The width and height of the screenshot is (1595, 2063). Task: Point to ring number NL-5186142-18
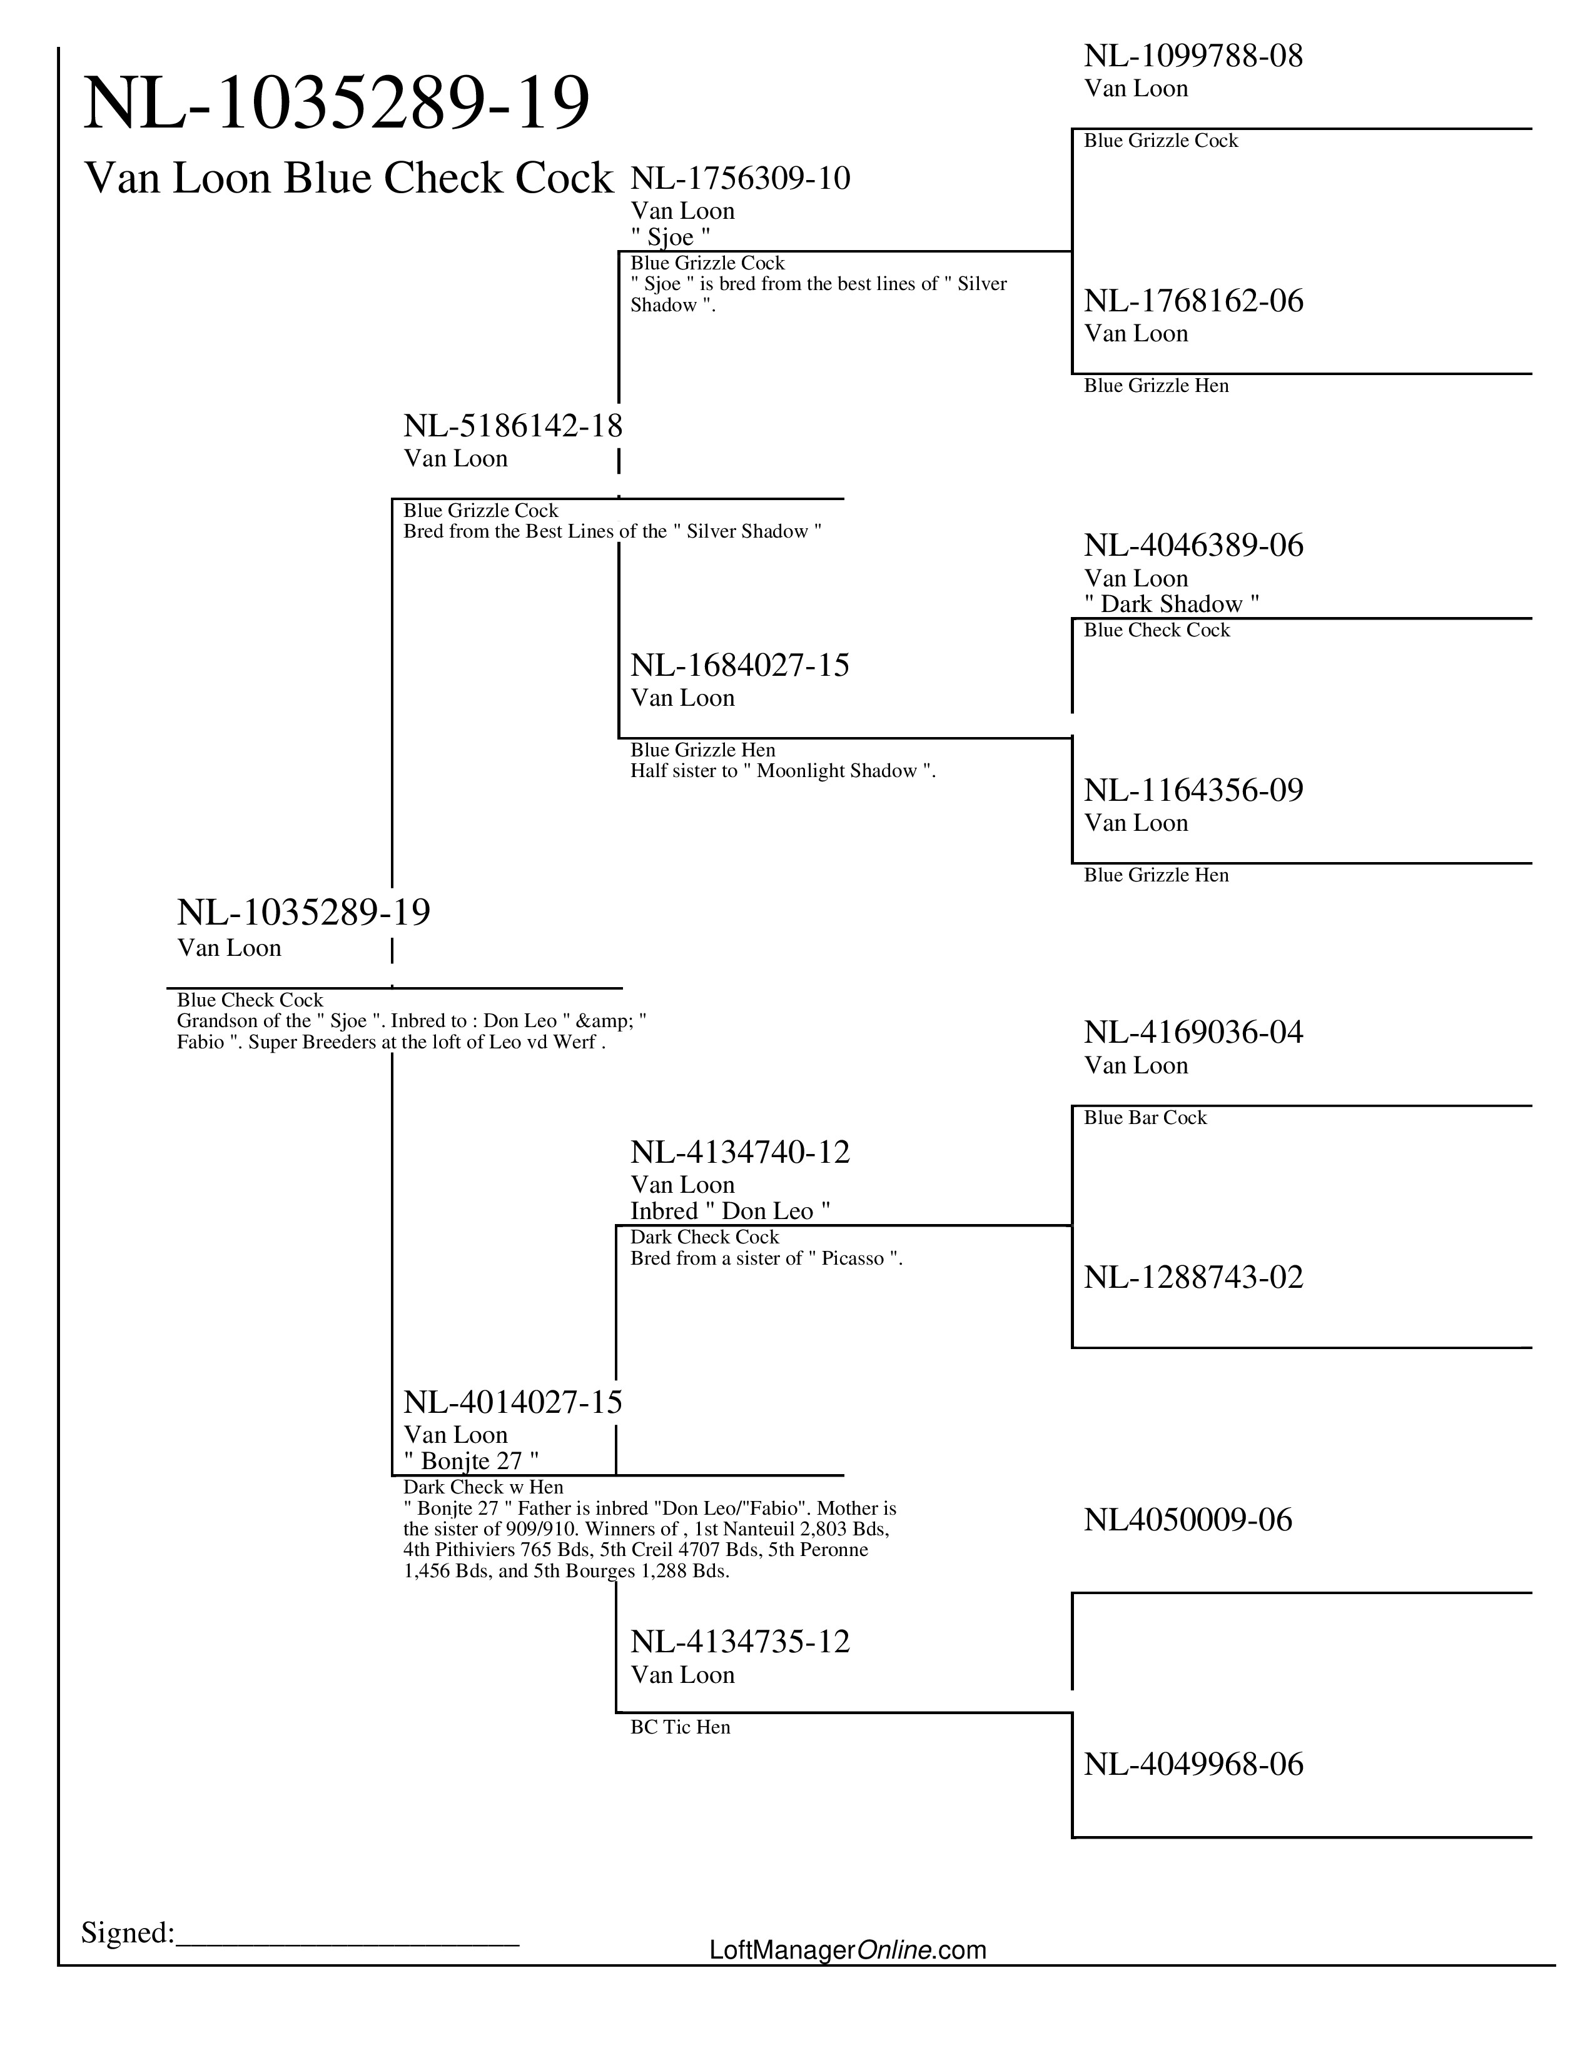click(513, 426)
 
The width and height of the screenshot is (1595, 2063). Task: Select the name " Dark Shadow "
click(1171, 604)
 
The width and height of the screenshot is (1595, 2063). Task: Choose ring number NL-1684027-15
click(740, 665)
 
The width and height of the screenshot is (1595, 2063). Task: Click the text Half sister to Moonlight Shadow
click(782, 771)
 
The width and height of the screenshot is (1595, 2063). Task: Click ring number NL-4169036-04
click(1192, 1033)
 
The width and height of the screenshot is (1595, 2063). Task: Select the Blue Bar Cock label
click(1145, 1118)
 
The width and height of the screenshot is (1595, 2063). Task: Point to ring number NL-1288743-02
click(1192, 1277)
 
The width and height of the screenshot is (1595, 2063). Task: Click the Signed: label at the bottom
click(128, 1932)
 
